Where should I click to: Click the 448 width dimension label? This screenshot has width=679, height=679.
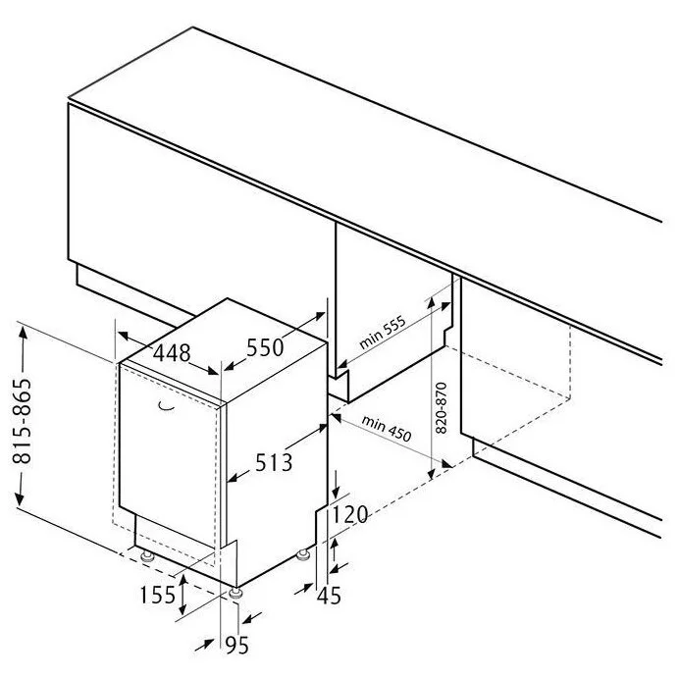(x=172, y=353)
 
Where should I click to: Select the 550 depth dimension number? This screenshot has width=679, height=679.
(x=265, y=347)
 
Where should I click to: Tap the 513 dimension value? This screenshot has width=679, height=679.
(x=274, y=462)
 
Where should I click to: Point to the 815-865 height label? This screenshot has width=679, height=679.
(x=23, y=422)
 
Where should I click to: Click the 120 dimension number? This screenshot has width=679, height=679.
(x=349, y=515)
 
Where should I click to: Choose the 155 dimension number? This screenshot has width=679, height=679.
(x=158, y=595)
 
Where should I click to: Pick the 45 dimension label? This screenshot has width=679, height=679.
(x=329, y=596)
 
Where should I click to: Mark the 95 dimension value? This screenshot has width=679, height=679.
(x=237, y=646)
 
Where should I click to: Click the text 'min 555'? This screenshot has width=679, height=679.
(x=383, y=332)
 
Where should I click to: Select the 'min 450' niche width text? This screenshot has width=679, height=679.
(x=387, y=429)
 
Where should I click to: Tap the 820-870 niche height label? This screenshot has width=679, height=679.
(x=442, y=407)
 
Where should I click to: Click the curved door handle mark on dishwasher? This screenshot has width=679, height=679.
(x=166, y=406)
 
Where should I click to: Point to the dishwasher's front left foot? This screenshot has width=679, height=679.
(x=147, y=555)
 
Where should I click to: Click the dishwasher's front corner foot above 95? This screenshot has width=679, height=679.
(x=235, y=593)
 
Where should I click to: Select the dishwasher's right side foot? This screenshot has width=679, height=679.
(x=302, y=554)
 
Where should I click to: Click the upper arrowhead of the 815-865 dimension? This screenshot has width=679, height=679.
(x=23, y=333)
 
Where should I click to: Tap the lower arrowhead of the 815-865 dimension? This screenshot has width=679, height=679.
(x=21, y=498)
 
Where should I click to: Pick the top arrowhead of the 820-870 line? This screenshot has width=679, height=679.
(x=431, y=301)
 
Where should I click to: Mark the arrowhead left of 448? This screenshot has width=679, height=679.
(x=125, y=336)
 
